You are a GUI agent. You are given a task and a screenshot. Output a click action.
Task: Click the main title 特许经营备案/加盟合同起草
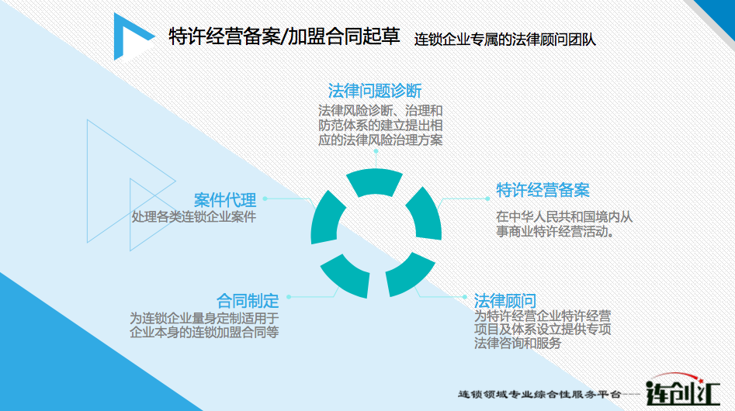pos(284,36)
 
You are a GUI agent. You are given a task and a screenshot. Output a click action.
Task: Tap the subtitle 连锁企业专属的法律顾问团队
pos(504,40)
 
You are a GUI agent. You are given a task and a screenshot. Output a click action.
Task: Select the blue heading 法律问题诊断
pos(375,91)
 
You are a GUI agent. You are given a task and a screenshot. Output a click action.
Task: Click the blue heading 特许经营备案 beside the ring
pos(543,190)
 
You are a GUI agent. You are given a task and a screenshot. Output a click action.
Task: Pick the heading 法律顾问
pos(504,301)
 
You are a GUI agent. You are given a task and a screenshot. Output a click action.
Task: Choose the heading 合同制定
pos(248,301)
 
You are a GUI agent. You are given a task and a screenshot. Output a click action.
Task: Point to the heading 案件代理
pos(225,200)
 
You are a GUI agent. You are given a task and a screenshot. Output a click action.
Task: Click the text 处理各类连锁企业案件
pos(193,217)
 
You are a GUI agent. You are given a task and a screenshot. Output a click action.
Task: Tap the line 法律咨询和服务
pos(518,343)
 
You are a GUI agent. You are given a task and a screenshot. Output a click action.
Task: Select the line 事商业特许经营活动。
pos(556,231)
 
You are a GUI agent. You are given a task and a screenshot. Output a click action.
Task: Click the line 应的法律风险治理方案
pos(380,140)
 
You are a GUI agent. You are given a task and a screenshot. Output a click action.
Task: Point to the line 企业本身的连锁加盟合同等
pos(204,333)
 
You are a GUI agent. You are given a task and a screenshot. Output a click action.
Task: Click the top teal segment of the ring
pos(375,182)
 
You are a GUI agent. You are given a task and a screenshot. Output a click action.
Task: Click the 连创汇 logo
pos(682,390)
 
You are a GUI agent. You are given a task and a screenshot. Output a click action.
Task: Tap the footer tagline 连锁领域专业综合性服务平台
pos(539,395)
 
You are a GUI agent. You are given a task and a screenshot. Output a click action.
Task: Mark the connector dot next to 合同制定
pos(289,297)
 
